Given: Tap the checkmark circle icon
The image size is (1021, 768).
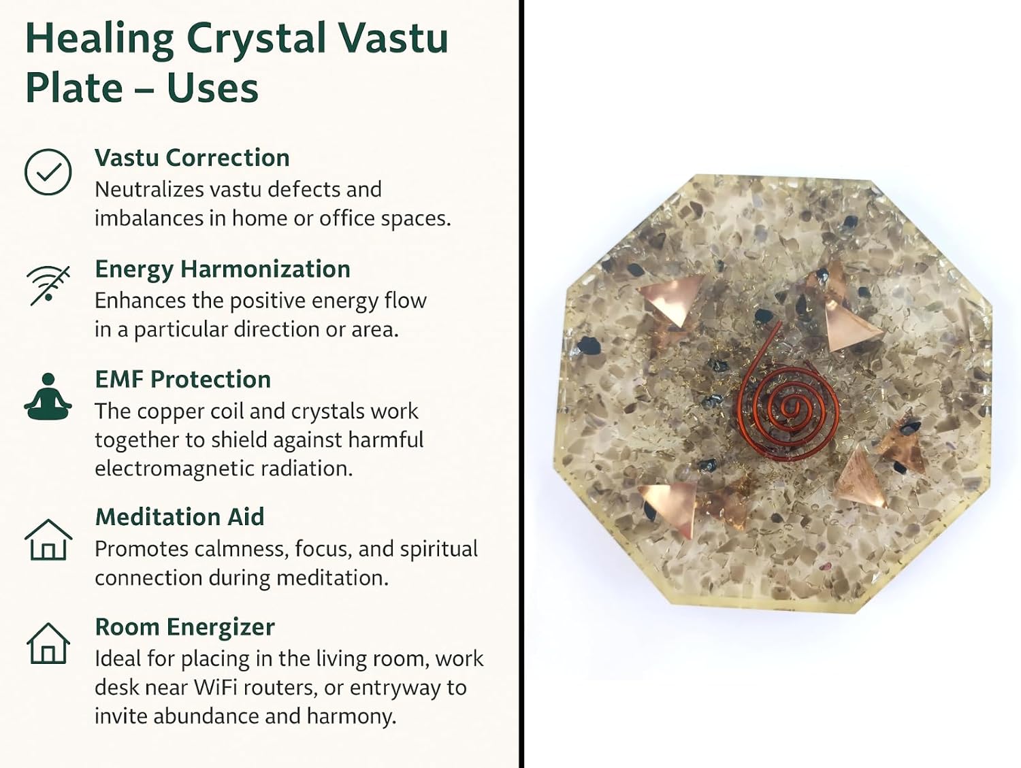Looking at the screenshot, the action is pos(48,171).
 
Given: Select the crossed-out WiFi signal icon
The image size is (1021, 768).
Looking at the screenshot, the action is pos(48,285).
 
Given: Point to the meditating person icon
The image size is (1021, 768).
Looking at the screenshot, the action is pos(48,397).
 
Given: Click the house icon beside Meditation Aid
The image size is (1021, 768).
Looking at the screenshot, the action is pos(48,539).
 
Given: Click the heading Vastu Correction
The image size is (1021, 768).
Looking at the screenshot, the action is pos(192,158).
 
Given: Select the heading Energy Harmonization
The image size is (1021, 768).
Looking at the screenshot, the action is pos(223,269).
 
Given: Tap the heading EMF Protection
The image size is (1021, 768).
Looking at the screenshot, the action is pos(183,380).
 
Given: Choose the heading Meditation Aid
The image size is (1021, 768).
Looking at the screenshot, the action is pos(180,517).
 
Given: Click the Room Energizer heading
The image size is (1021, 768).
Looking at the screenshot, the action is pos(184,627).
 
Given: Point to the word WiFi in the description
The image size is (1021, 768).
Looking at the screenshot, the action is pos(216,687).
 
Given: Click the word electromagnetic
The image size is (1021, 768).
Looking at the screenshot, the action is pos(174,469).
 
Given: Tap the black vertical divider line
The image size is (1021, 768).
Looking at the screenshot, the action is pos(521,384).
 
